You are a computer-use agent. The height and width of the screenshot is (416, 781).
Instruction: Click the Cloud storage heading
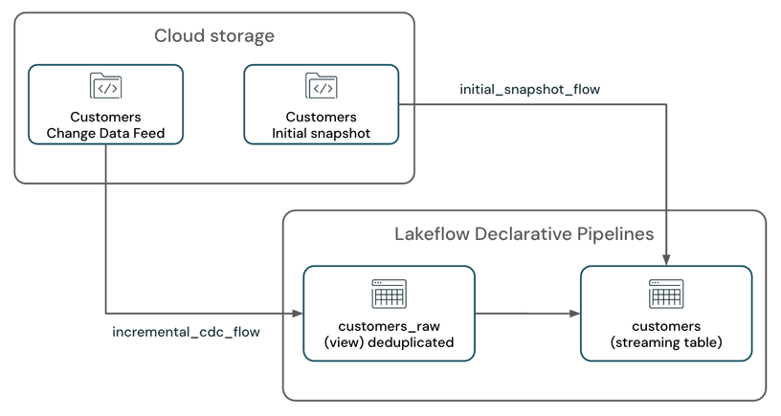click(x=214, y=36)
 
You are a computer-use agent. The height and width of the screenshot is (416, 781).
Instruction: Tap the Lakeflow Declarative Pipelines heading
click(x=524, y=234)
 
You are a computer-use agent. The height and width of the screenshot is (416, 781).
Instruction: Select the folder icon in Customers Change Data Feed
click(x=105, y=86)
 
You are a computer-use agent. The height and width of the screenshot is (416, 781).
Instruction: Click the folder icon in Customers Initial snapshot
click(x=321, y=86)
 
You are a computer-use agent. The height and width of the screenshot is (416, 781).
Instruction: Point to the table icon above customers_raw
click(x=389, y=294)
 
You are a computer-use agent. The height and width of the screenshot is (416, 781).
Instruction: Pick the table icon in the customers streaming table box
click(x=666, y=294)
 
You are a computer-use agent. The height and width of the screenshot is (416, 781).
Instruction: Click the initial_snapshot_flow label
click(x=529, y=89)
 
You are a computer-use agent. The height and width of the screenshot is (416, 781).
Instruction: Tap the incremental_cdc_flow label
click(x=186, y=333)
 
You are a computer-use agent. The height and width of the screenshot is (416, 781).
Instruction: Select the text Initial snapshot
click(x=321, y=133)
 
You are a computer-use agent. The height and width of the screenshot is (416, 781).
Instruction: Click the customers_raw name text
click(x=389, y=326)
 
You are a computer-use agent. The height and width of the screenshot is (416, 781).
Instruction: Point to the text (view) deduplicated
click(x=389, y=342)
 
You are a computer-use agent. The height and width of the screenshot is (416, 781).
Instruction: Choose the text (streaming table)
click(x=666, y=342)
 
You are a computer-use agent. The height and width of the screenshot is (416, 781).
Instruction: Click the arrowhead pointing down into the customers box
click(x=666, y=260)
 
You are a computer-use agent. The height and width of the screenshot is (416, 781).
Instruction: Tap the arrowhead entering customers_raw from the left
click(x=298, y=313)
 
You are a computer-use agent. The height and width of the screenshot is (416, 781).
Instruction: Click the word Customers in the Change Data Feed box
click(x=105, y=117)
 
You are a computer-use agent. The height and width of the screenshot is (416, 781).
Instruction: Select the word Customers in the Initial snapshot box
click(x=321, y=117)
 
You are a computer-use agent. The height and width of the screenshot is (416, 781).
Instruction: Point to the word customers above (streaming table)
click(x=666, y=326)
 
